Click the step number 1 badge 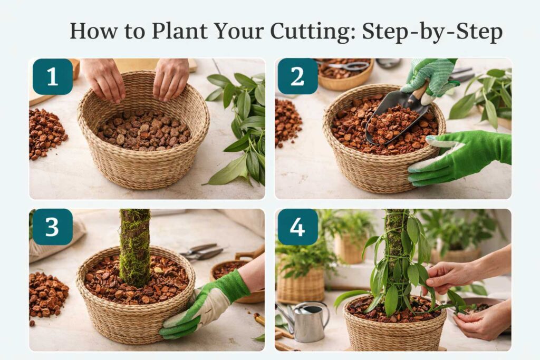52,77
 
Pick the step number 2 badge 297,77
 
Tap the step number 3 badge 52,227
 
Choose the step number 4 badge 297,227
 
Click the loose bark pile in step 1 47,133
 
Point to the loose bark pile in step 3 47,295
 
